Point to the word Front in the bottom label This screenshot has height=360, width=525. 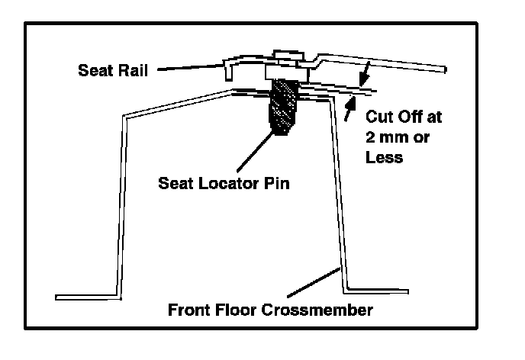point(190,311)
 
